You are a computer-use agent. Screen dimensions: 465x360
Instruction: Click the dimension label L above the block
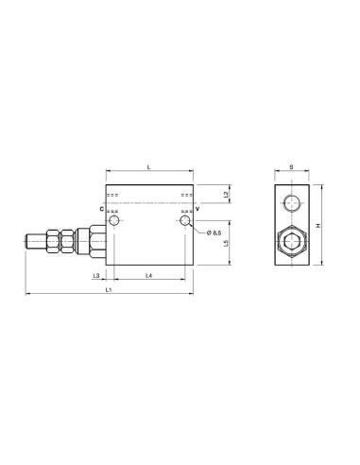click(152, 166)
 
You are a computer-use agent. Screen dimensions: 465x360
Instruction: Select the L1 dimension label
click(110, 290)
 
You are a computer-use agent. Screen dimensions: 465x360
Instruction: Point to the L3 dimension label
click(98, 275)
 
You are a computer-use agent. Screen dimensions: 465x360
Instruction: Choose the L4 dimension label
click(150, 275)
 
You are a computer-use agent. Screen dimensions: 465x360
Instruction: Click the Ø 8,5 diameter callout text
click(212, 232)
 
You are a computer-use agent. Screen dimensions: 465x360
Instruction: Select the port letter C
click(100, 209)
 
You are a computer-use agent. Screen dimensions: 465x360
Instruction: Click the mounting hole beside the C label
click(114, 221)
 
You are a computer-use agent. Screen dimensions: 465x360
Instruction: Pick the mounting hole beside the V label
click(185, 221)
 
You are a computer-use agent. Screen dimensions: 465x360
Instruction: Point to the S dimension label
click(291, 167)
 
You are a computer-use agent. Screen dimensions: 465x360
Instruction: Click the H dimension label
click(319, 225)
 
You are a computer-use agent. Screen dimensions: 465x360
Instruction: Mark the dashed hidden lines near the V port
click(186, 195)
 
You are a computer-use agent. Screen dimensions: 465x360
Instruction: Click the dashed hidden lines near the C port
click(113, 195)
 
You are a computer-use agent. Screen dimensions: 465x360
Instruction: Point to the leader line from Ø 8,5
click(196, 229)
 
